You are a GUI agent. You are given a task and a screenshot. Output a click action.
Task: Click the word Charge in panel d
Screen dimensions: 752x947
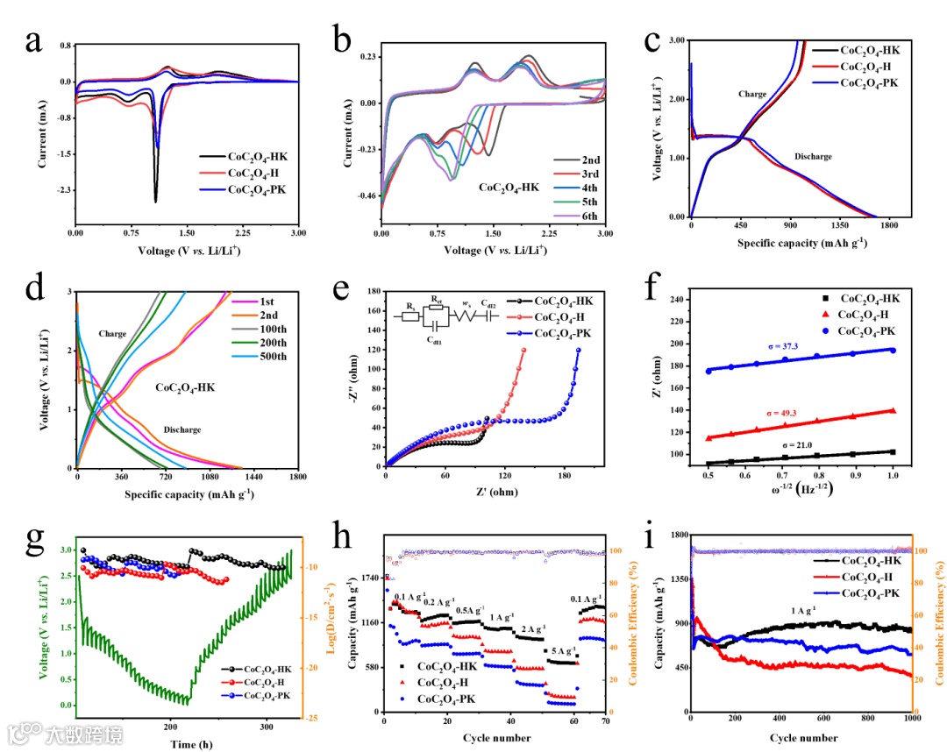112,333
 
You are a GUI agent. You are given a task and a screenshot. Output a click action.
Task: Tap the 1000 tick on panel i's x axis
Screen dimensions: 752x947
910,721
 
